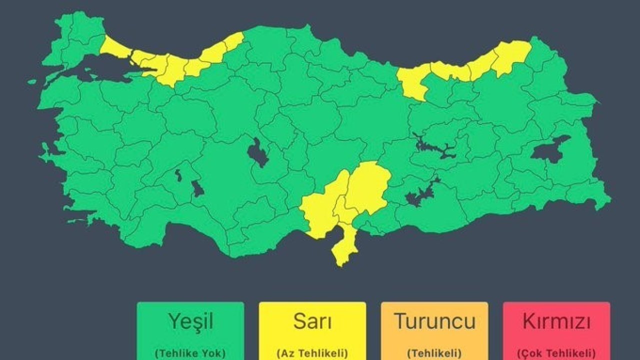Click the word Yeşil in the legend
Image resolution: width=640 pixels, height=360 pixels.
pos(190,321)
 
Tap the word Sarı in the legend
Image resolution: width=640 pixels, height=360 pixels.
pos(312,321)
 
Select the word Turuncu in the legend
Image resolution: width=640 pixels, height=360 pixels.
pos(434,321)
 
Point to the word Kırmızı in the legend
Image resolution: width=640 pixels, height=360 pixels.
pos(556,321)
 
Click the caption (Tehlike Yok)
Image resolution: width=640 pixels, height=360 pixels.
pos(190,353)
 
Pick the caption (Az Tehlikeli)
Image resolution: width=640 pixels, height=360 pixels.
pos(312,353)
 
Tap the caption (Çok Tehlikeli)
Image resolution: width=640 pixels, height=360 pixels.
pos(556,353)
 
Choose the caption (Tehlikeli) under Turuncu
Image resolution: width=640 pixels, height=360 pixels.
pos(434,353)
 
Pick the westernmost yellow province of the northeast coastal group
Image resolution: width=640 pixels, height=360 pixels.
pos(412,82)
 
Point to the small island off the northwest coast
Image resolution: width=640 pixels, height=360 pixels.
pos(32,81)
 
